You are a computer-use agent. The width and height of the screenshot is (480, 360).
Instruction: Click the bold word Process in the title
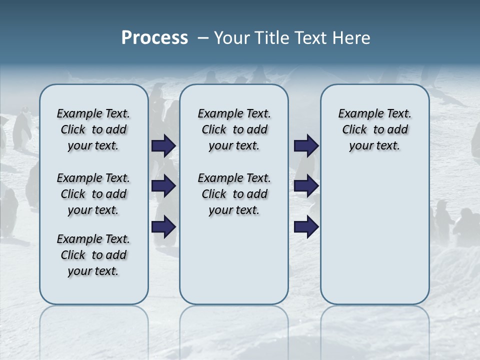154,38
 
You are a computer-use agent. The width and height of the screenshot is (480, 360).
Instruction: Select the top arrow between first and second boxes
164,145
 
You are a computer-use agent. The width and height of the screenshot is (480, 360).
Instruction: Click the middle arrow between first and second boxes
164,186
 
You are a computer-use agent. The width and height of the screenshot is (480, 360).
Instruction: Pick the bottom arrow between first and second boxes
164,227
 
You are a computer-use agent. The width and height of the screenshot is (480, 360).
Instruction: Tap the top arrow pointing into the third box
306,145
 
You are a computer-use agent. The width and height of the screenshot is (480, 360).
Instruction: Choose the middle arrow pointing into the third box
306,186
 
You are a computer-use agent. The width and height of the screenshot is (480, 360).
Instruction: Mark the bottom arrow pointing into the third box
306,227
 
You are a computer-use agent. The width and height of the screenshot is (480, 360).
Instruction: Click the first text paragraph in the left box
93,129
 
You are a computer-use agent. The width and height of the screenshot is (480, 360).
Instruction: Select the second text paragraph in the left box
93,194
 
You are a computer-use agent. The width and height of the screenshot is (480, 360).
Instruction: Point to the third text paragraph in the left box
93,255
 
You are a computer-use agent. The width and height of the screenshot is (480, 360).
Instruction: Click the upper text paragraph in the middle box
234,129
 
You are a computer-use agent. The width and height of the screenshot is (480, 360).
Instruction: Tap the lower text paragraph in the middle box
234,194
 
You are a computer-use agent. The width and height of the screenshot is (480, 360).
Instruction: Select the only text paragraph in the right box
374,129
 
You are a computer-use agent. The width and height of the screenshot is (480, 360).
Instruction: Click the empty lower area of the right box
374,235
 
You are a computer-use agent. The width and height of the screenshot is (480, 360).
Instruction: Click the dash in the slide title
203,38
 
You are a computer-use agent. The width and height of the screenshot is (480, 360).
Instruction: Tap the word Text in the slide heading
309,38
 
